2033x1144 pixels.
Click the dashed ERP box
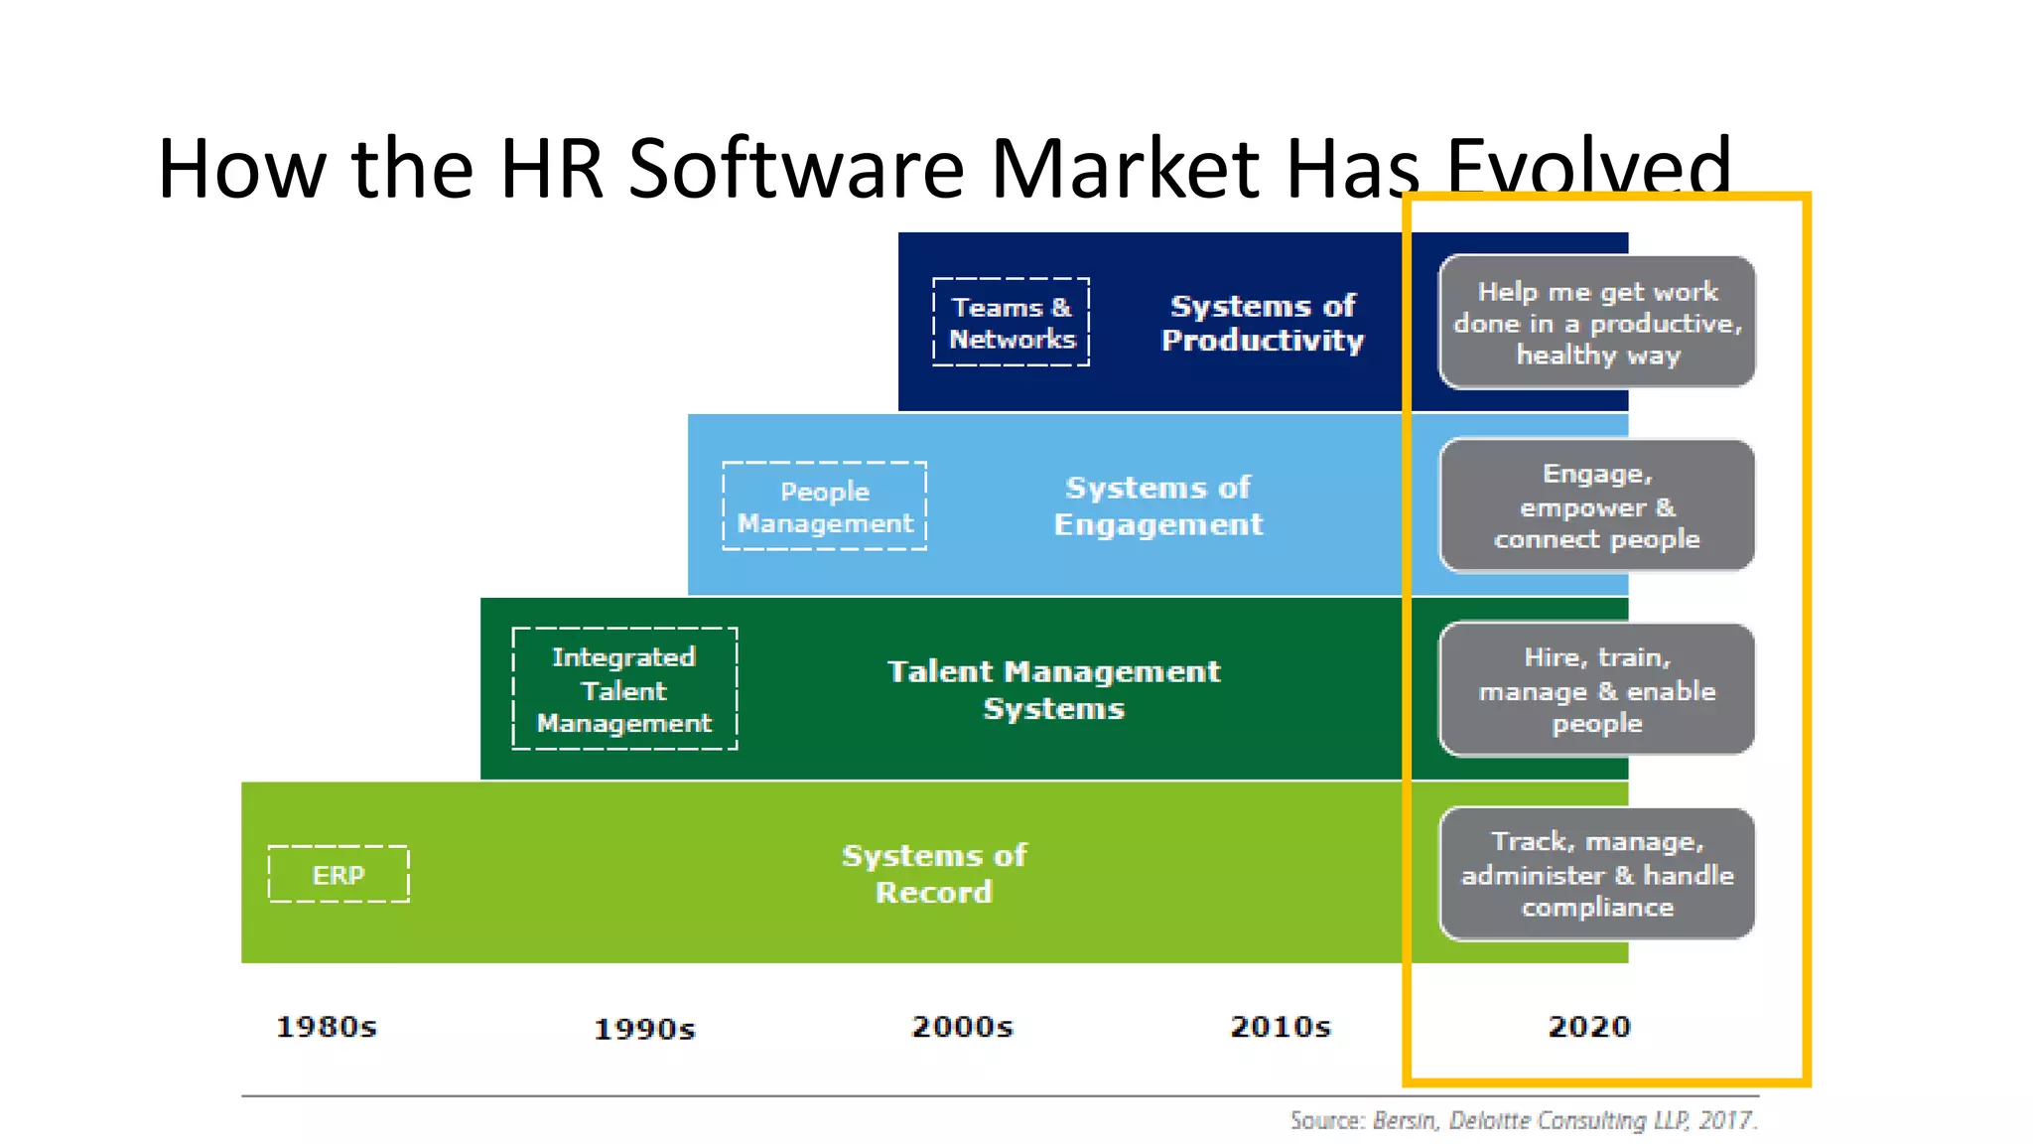[x=339, y=874]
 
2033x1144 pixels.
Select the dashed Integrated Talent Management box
[x=624, y=689]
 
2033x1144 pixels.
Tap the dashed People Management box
[x=825, y=506]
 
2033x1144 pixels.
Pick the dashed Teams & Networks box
[x=1012, y=323]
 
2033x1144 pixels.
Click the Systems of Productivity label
[x=1263, y=323]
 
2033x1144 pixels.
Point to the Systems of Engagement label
[x=1158, y=506]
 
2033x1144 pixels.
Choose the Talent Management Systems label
[x=1054, y=689]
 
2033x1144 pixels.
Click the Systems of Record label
[x=934, y=874]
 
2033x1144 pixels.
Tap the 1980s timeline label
[x=327, y=1027]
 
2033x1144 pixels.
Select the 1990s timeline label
[x=645, y=1029]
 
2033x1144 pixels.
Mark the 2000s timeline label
[x=963, y=1027]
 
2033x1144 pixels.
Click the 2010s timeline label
[x=1281, y=1027]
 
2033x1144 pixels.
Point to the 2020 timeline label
[x=1589, y=1027]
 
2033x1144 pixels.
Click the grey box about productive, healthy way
[x=1597, y=323]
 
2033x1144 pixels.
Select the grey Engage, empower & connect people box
[x=1597, y=506]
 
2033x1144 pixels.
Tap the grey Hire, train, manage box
[x=1597, y=689]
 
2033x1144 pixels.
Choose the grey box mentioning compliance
[x=1597, y=874]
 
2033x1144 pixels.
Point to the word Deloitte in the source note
[x=1490, y=1121]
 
